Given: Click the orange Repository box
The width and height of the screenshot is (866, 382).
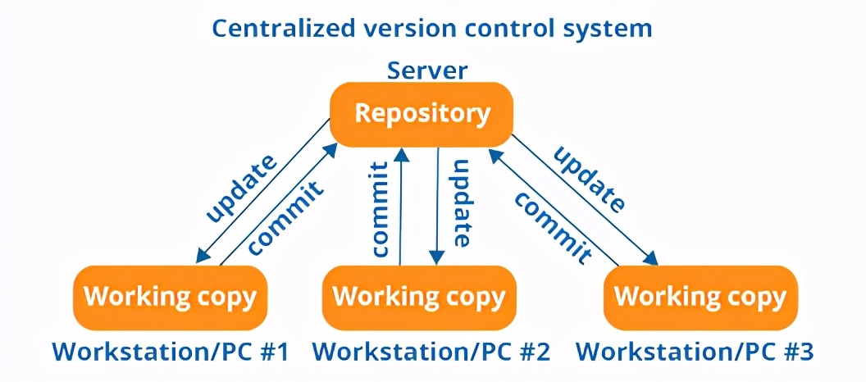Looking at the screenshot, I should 422,114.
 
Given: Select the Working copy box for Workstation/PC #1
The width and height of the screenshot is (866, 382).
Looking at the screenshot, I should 170,296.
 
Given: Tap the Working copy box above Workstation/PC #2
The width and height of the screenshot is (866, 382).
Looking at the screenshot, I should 419,297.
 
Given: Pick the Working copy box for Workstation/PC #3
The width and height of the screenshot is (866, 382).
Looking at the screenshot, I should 700,297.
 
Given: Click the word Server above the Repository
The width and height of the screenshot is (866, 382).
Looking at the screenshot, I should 427,70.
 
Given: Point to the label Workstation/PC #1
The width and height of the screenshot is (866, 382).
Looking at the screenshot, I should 171,352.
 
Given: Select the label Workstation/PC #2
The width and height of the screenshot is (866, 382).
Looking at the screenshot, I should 431,352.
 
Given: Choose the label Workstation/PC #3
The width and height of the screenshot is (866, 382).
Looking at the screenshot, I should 695,352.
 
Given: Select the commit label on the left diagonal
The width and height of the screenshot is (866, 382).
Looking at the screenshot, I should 285,215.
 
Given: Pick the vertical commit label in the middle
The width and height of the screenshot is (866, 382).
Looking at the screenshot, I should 379,211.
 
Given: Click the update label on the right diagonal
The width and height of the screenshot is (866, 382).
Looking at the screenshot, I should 590,180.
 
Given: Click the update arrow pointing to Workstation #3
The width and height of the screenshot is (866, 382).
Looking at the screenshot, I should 586,205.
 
